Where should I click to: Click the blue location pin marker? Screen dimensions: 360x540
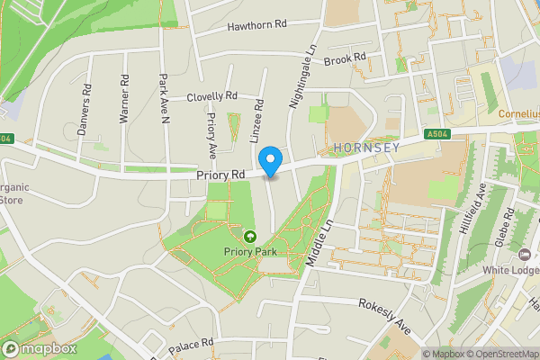point(271,162)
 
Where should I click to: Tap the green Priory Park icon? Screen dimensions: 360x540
point(249,236)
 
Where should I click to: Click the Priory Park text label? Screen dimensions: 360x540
point(249,252)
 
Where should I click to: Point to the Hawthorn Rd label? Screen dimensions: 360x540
point(256,26)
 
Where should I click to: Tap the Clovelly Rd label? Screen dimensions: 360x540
point(212,96)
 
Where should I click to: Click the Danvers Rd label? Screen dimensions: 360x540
point(85,110)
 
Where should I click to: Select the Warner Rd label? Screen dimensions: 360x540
point(125,104)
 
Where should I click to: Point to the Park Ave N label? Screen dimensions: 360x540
point(165,96)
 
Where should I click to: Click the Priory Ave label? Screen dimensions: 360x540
point(212,135)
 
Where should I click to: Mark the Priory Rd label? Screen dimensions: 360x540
point(220,175)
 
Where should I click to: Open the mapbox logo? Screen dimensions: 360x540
point(40,349)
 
